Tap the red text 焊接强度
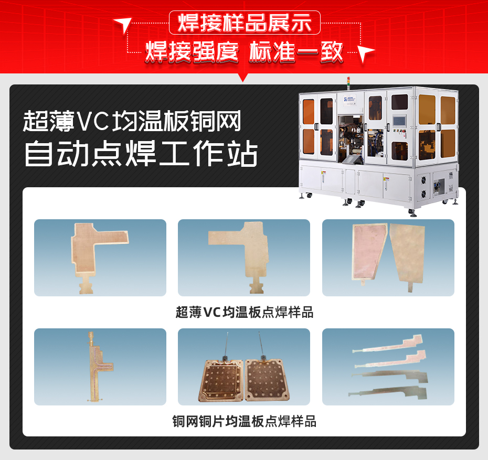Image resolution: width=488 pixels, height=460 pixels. point(192,52)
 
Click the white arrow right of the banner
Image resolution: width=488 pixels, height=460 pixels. point(367,53)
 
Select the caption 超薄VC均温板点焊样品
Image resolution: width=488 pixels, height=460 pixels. point(244,313)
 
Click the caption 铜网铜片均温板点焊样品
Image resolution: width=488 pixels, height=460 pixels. point(244,421)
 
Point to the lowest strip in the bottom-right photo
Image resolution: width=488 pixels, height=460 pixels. point(395,390)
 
